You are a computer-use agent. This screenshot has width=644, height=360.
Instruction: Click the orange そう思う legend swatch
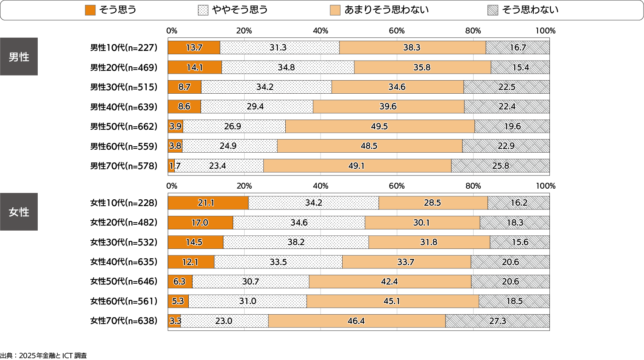(x=90, y=10)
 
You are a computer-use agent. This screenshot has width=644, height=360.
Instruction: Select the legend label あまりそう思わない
(x=386, y=10)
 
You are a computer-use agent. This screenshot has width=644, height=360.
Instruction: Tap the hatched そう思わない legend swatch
(x=493, y=10)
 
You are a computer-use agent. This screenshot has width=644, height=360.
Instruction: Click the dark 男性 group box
(x=19, y=57)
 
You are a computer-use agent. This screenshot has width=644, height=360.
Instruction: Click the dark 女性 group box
(x=19, y=212)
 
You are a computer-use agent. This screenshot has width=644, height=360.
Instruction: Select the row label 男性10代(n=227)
(x=123, y=48)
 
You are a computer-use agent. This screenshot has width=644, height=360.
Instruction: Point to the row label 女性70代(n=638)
(x=123, y=321)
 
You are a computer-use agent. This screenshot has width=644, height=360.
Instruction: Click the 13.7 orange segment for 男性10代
(x=194, y=48)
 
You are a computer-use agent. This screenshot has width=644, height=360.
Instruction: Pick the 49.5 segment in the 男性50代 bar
(x=379, y=126)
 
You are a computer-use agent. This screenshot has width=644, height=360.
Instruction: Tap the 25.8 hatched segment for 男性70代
(x=500, y=166)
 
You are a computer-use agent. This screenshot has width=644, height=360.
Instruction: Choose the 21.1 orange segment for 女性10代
(x=208, y=203)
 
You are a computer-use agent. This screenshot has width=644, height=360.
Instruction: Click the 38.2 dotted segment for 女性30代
(x=296, y=242)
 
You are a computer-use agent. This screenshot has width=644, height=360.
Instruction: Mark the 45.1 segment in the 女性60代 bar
(x=392, y=301)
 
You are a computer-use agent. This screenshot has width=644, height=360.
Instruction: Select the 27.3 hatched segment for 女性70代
(x=497, y=321)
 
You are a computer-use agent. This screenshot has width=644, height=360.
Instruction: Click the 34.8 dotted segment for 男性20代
(x=287, y=67)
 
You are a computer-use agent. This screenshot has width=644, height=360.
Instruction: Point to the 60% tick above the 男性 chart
(x=397, y=31)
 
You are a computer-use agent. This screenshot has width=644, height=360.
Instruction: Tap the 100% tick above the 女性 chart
(x=545, y=186)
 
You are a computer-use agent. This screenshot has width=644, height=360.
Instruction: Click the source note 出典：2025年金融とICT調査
(x=44, y=356)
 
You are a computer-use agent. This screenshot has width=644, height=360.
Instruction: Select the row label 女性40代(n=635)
(x=123, y=262)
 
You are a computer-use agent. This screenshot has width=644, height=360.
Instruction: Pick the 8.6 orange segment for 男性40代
(x=184, y=107)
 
